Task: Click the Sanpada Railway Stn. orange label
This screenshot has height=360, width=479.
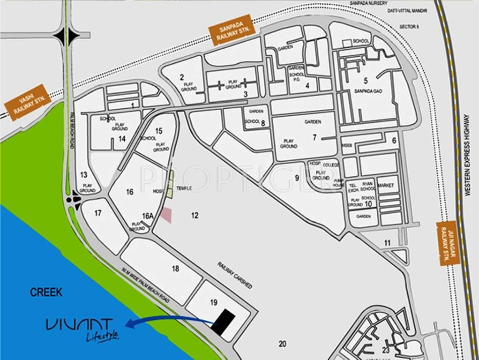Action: tap(232, 30)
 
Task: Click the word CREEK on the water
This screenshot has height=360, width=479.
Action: tap(46, 292)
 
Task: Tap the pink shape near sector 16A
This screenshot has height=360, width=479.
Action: tap(166, 215)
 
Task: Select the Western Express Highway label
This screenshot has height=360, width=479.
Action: tap(467, 155)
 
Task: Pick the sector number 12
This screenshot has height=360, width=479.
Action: tap(195, 215)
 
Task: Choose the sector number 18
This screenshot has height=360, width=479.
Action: tap(175, 269)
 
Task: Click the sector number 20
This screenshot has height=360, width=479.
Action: tap(282, 344)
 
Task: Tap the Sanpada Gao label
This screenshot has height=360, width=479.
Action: tap(366, 90)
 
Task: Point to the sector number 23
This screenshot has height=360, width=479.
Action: tap(386, 350)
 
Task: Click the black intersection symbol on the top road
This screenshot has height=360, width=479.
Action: tap(66, 35)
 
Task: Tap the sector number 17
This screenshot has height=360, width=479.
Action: tap(97, 213)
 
